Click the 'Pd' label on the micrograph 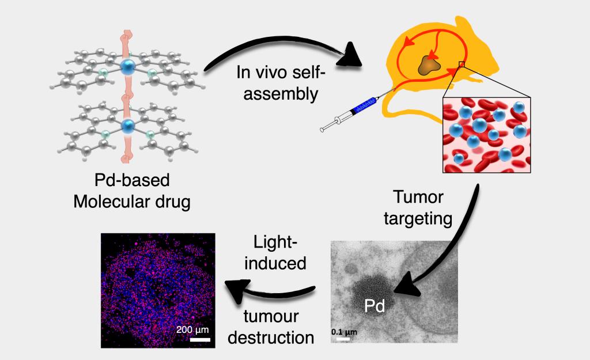[x=375, y=307]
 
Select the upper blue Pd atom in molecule [x=127, y=66]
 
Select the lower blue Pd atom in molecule [x=127, y=125]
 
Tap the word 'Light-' [x=277, y=241]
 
